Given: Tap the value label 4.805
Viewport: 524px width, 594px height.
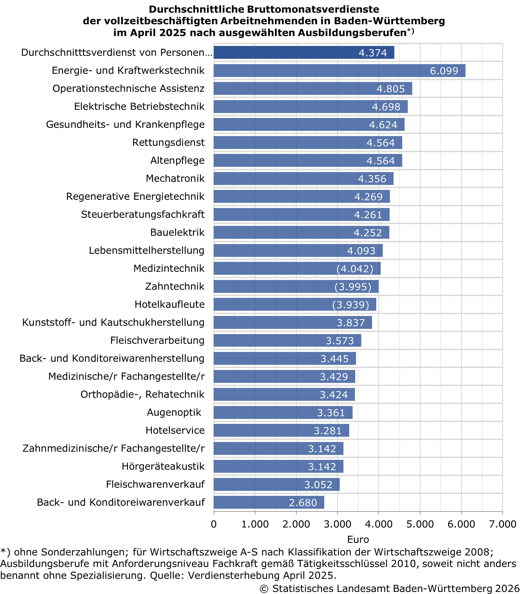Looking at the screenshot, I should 390,89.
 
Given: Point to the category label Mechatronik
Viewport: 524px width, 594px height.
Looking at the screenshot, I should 175,178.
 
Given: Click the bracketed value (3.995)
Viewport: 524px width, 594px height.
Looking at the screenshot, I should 353,287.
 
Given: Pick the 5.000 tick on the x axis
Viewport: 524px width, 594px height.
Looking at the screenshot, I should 420,524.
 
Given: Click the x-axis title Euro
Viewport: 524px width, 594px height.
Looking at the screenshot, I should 358,540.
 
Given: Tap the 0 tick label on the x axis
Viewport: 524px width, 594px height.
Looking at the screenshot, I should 214,524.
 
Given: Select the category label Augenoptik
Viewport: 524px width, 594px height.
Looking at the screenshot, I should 174,412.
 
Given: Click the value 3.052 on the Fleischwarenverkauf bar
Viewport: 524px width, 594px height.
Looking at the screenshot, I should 318,485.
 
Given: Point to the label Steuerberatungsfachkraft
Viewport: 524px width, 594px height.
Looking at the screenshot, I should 143,215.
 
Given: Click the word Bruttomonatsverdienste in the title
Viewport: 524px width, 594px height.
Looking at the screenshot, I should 313,9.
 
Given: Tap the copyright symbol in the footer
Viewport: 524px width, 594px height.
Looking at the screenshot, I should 264,588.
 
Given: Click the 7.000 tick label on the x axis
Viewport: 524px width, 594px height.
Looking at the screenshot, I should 502,524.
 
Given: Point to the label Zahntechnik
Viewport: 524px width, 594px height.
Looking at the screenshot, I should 175,286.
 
